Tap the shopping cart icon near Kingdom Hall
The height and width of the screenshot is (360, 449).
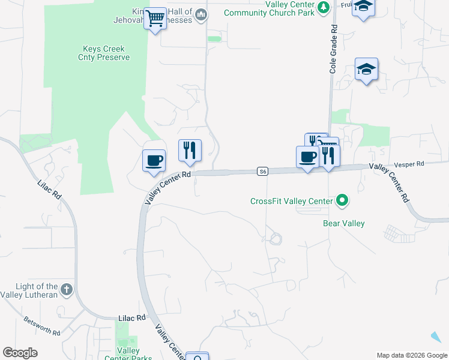pyautogui.click(x=156, y=19)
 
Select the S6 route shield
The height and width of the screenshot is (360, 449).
pyautogui.click(x=262, y=172)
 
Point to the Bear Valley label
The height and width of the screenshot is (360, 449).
pyautogui.click(x=344, y=224)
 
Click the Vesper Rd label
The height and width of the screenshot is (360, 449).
pyautogui.click(x=409, y=164)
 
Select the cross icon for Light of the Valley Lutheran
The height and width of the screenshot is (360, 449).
pyautogui.click(x=66, y=290)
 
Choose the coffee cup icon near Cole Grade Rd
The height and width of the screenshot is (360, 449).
pyautogui.click(x=308, y=157)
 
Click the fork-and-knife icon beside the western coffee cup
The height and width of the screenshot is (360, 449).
pyautogui.click(x=190, y=150)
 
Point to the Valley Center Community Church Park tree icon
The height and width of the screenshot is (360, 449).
pyautogui.click(x=324, y=7)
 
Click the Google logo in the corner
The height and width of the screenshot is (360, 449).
pyautogui.click(x=20, y=353)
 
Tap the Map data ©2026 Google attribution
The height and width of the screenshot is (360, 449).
pyautogui.click(x=412, y=355)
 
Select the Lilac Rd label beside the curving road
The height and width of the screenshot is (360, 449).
pyautogui.click(x=49, y=193)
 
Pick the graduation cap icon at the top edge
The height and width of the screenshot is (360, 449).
pyautogui.click(x=363, y=7)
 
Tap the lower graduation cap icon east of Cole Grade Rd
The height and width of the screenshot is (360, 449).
pyautogui.click(x=366, y=70)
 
